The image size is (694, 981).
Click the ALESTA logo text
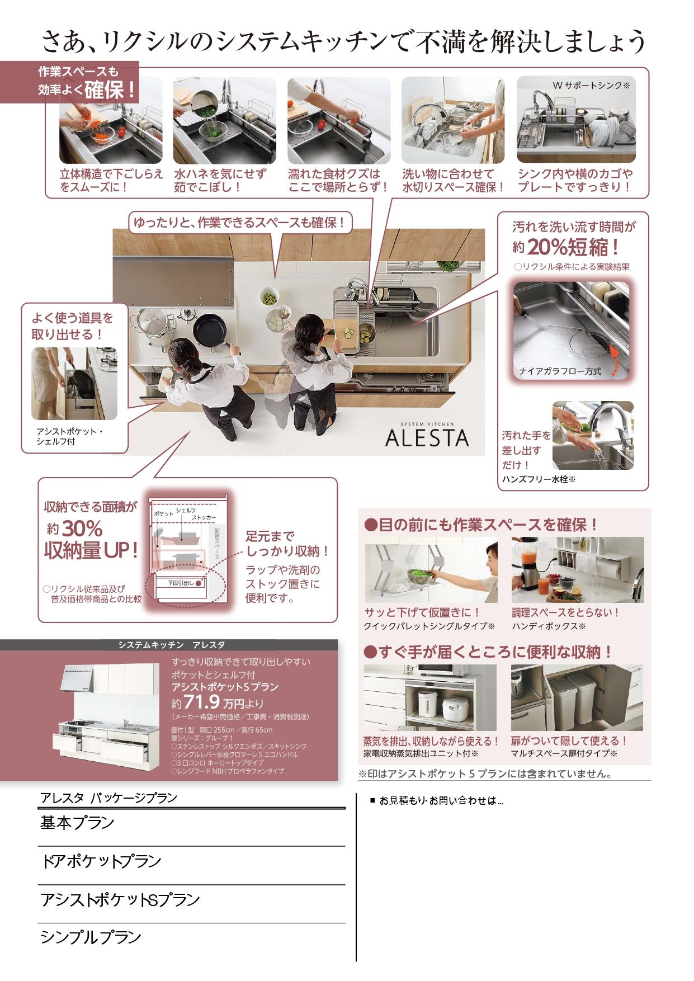(x=427, y=437)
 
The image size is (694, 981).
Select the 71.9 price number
(x=201, y=702)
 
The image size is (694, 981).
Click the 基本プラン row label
(x=77, y=823)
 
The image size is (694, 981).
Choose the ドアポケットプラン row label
(x=101, y=861)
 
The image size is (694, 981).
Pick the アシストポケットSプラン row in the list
(x=120, y=900)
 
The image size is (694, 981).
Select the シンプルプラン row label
(x=91, y=937)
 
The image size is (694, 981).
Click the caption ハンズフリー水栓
(x=539, y=479)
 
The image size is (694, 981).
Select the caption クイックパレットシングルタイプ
(x=429, y=626)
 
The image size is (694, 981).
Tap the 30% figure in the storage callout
(x=82, y=529)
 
